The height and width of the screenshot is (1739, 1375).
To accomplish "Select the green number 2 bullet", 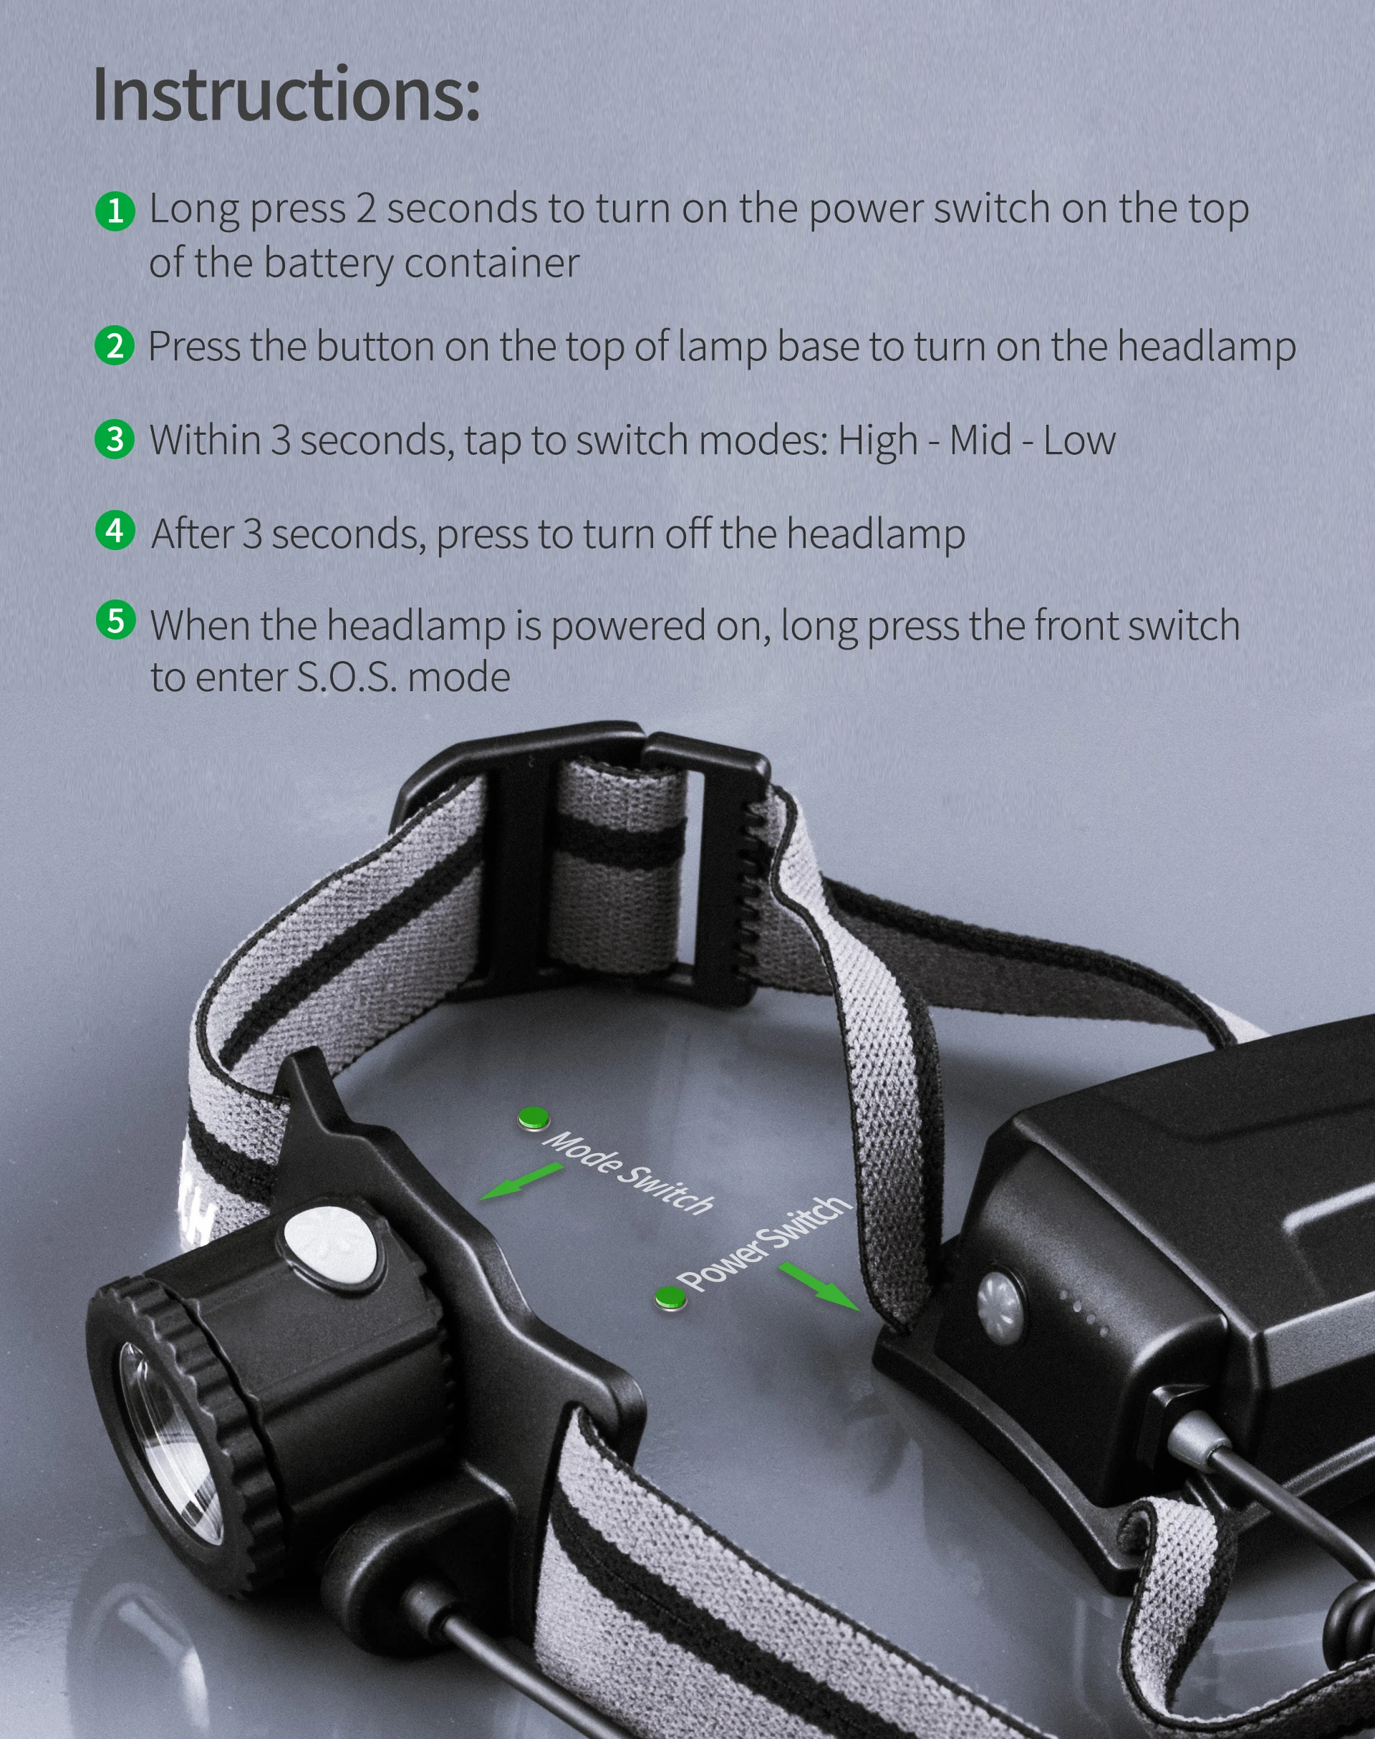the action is point(115,345).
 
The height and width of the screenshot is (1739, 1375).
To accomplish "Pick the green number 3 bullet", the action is point(115,439).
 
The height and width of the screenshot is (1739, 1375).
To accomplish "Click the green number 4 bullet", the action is point(115,531).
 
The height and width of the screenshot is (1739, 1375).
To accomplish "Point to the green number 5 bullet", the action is point(115,621).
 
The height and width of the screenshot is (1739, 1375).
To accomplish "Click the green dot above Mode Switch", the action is point(533,1117).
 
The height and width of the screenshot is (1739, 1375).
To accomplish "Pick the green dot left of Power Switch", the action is point(669,1297).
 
